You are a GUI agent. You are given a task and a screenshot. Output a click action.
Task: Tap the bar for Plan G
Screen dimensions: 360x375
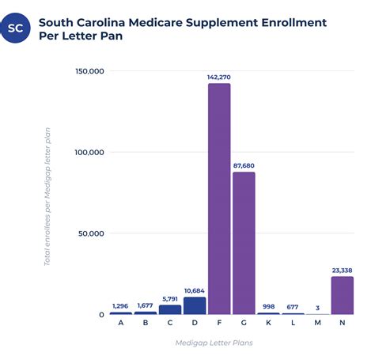pos(244,243)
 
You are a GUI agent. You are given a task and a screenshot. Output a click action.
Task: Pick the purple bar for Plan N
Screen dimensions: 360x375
pos(342,295)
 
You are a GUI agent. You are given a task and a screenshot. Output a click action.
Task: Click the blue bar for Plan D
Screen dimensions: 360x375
pos(195,305)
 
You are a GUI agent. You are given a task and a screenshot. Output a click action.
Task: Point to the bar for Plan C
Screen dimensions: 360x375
pos(170,309)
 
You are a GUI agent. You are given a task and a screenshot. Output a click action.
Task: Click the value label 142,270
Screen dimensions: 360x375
pos(219,77)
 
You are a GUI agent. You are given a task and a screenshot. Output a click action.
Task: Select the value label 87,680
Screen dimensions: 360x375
pos(244,165)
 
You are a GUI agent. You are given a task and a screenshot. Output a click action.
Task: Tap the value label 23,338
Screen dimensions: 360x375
pos(342,270)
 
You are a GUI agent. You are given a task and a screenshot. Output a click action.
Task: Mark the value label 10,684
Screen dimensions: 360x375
pos(195,290)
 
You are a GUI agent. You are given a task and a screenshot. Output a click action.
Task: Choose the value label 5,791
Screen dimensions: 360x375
pos(170,298)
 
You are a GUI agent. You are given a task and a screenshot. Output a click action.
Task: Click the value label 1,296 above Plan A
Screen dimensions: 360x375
pos(121,305)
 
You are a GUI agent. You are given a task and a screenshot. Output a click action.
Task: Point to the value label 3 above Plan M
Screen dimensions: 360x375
pos(317,308)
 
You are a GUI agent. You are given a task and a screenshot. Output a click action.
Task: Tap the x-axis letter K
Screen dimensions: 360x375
pos(268,323)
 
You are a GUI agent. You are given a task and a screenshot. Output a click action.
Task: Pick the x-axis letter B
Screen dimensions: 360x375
pos(146,323)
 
